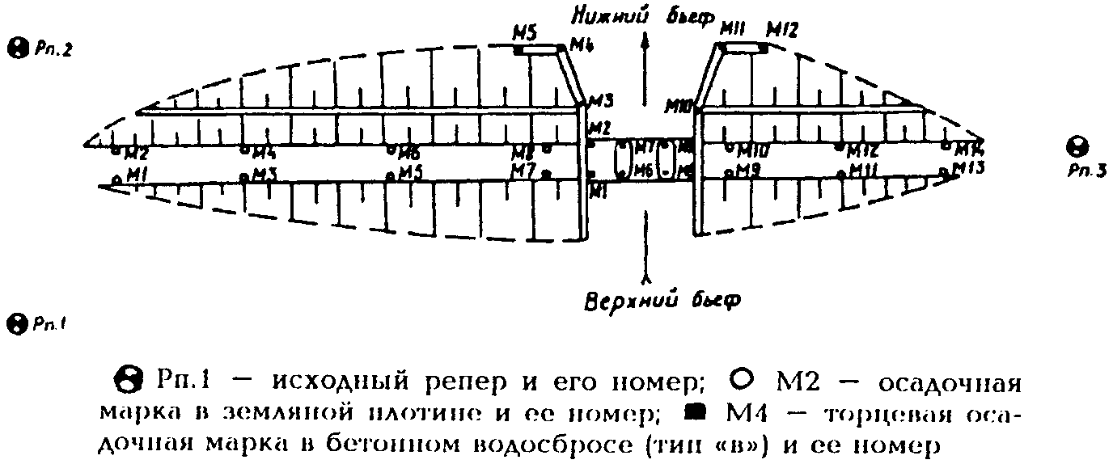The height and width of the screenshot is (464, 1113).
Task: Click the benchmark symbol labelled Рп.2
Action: click(15, 48)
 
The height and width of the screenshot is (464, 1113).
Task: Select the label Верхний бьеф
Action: click(662, 299)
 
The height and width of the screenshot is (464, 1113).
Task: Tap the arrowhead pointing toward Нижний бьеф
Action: click(645, 44)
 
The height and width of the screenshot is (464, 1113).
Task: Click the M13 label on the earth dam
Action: click(968, 168)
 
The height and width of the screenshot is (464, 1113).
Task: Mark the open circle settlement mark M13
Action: click(945, 171)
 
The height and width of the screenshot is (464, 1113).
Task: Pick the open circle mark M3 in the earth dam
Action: click(244, 175)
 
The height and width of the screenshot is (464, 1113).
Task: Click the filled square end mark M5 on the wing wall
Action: click(518, 51)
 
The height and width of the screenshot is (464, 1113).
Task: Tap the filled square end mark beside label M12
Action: click(764, 49)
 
